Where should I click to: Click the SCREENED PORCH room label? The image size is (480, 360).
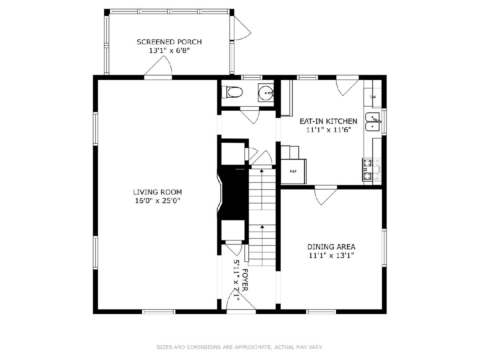point(169,42)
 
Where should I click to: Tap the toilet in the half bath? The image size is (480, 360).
point(232,92)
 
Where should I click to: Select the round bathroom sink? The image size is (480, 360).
point(266,93)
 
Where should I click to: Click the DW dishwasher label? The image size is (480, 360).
point(373,97)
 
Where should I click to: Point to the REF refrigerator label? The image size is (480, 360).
point(293,171)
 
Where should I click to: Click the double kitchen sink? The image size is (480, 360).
point(373,122)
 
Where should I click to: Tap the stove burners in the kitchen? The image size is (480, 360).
point(371,169)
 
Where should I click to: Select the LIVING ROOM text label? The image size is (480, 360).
point(158,192)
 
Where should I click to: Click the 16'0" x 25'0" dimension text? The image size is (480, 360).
point(158,200)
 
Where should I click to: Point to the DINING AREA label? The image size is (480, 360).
point(331,247)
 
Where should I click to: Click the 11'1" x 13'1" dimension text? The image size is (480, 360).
point(331,255)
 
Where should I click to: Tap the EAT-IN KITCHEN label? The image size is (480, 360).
point(328,121)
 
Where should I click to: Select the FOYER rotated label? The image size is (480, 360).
point(245,280)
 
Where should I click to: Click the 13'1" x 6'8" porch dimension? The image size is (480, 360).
point(169,50)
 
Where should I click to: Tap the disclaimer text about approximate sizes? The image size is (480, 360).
point(240,347)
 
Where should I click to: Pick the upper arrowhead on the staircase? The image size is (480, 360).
point(262,170)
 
